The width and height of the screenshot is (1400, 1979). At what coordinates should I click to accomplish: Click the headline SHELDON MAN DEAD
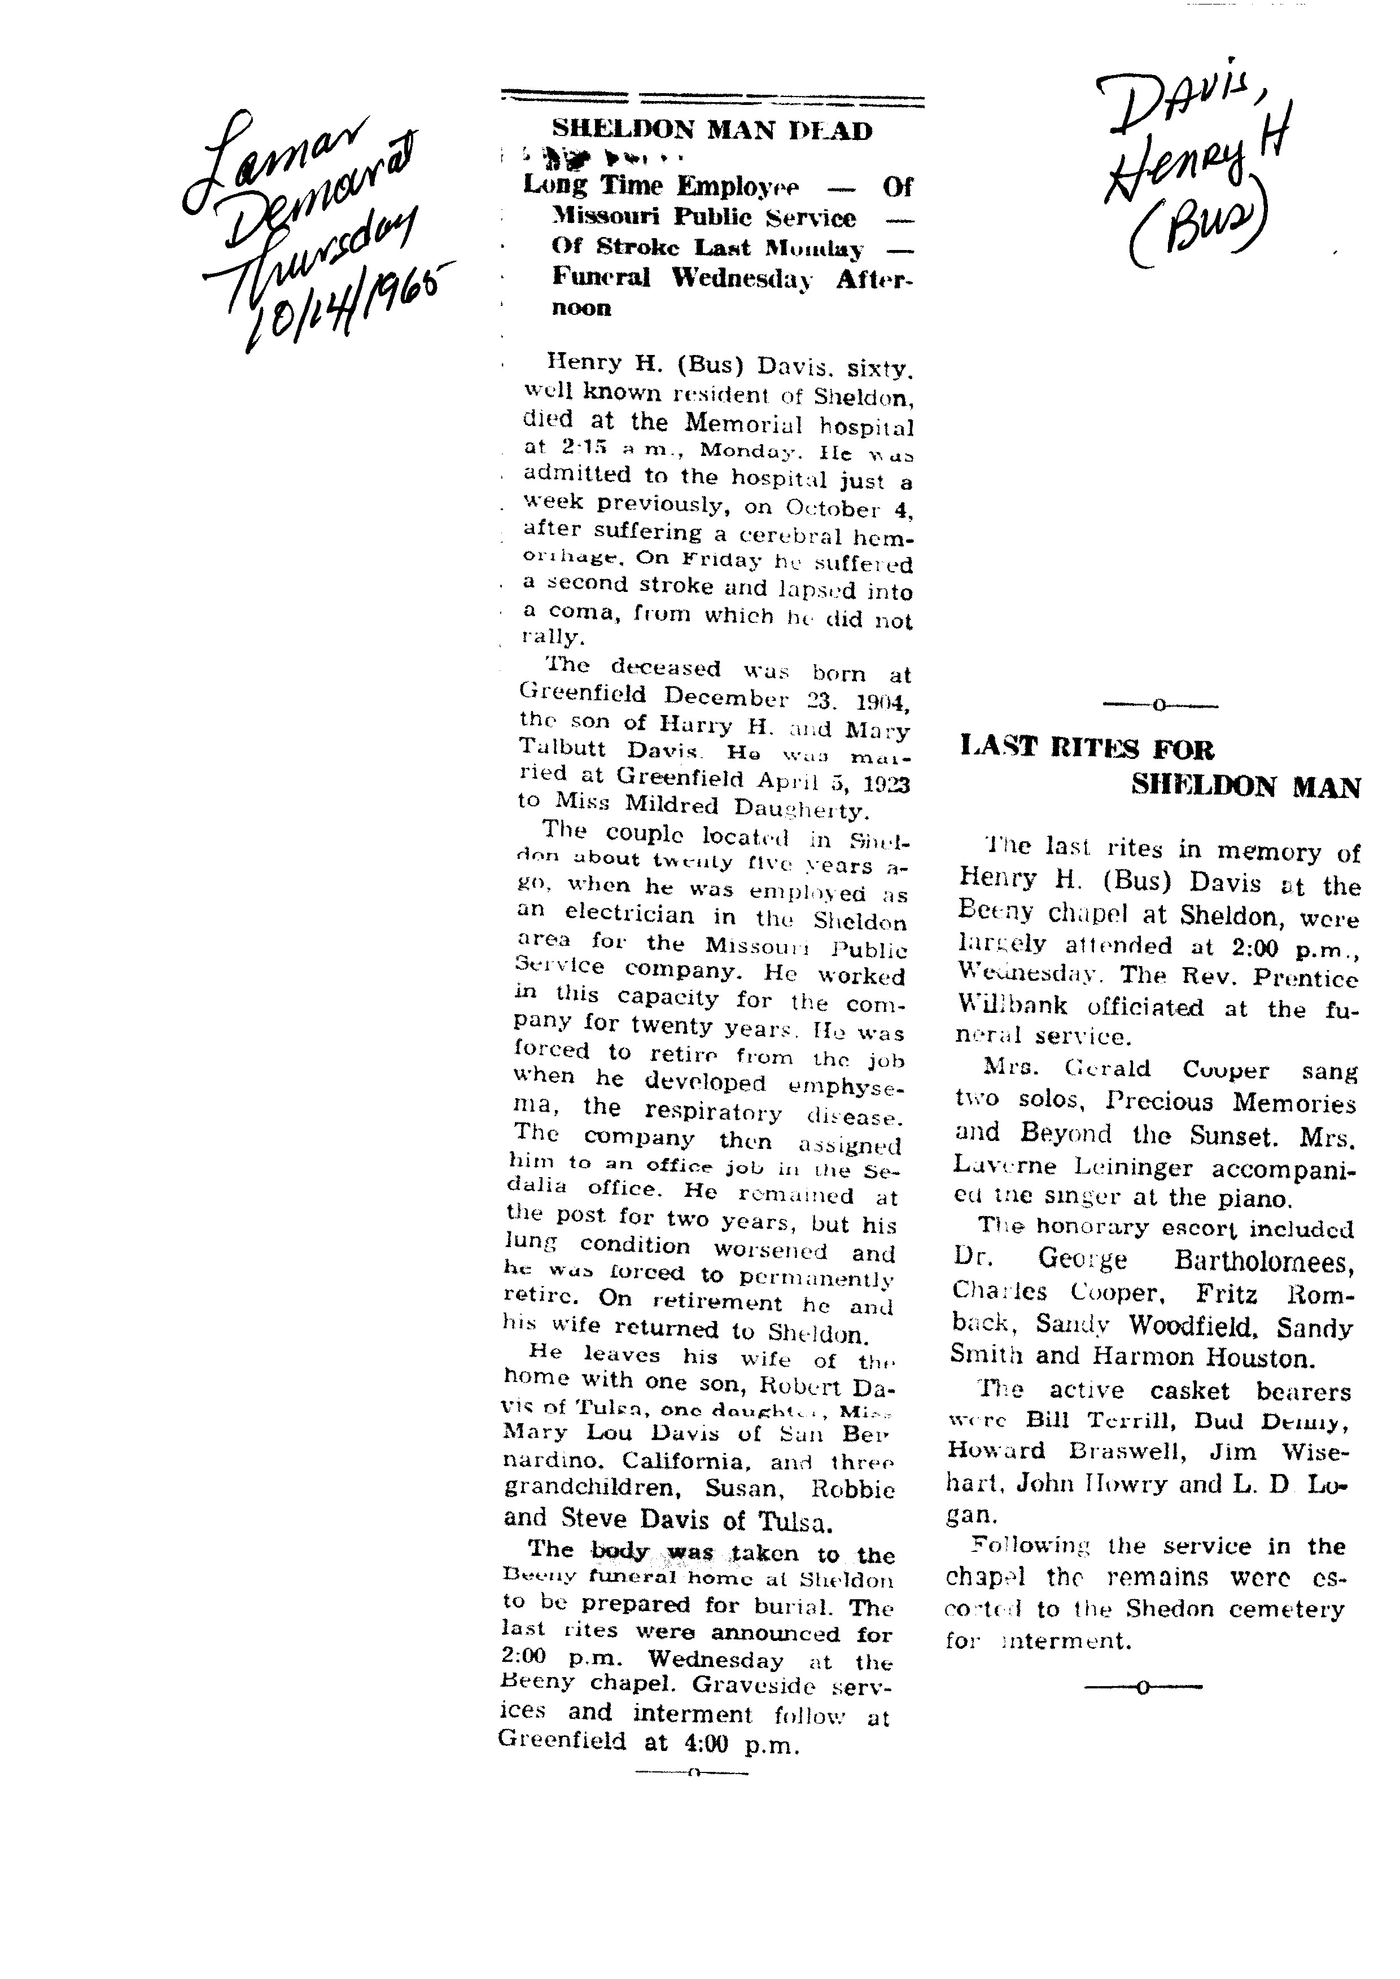(x=711, y=131)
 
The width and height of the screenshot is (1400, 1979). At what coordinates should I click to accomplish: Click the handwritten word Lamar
(x=276, y=160)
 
